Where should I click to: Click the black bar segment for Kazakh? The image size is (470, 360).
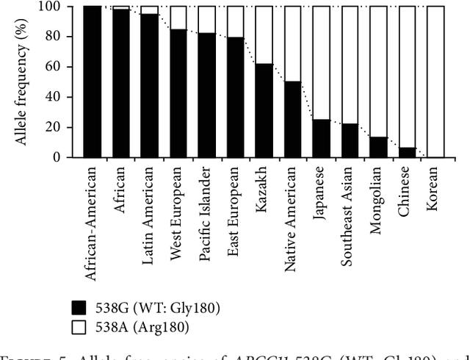tap(264, 110)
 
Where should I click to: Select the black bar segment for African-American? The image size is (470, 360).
tap(92, 82)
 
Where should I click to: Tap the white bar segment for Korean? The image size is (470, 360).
tap(435, 82)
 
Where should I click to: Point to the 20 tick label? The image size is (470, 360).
tap(56, 127)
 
